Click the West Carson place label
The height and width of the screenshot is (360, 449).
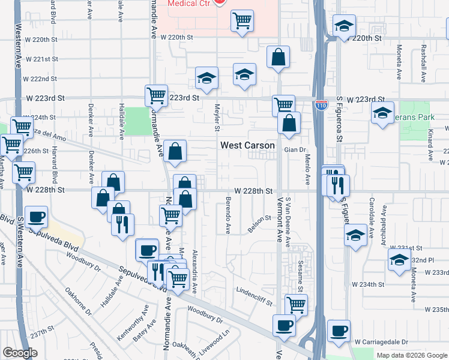coord(247,145)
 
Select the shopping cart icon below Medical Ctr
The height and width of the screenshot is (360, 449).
coord(242,21)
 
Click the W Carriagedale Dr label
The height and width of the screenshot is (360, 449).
coord(381,341)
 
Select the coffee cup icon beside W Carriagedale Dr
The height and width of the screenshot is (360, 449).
coord(339,331)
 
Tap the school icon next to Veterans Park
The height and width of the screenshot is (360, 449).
coord(382,113)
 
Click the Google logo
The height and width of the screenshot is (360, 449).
coord(20,352)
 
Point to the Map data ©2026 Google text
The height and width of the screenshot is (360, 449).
coord(411,355)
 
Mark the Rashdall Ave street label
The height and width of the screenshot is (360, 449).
coord(423,63)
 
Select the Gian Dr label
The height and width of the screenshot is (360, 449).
coord(295,150)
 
